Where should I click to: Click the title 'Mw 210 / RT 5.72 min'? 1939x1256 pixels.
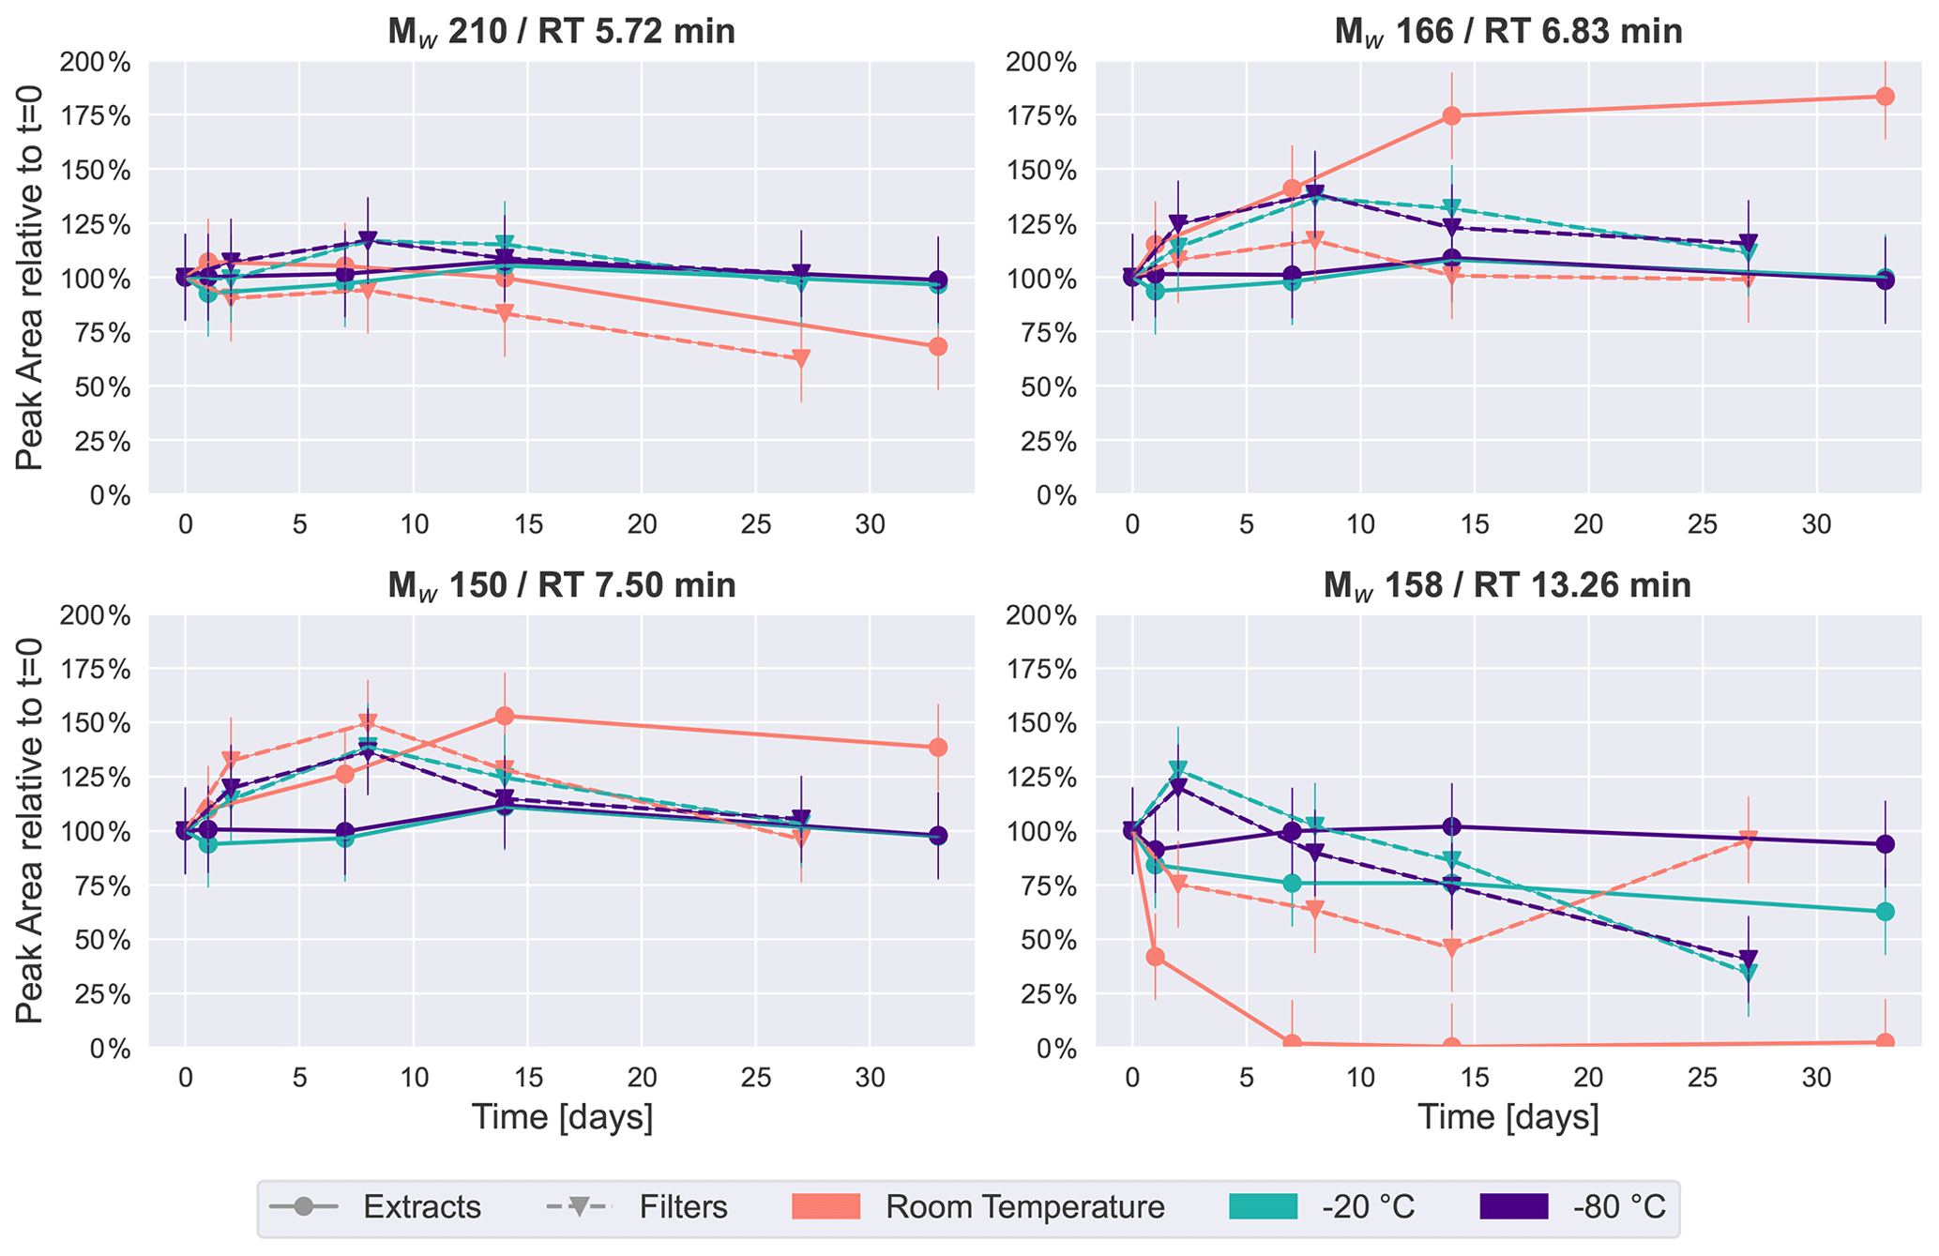coord(561,32)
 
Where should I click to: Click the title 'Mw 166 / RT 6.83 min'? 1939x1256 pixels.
coord(1507,32)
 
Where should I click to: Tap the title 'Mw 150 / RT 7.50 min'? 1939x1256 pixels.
coord(561,585)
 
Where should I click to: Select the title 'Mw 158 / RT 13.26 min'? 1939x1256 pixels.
coord(1507,585)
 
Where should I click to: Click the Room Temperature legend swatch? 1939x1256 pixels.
coord(826,1206)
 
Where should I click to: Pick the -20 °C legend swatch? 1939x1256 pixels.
coord(1263,1206)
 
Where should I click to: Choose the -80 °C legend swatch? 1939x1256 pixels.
coord(1513,1206)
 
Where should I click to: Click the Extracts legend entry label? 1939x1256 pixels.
coord(422,1207)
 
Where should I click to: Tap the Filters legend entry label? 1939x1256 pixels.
coord(683,1207)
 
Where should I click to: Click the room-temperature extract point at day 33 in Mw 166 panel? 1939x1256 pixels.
coord(1885,97)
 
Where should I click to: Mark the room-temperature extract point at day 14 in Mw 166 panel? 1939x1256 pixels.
coord(1451,116)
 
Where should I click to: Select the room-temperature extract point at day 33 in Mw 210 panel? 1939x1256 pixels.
coord(938,347)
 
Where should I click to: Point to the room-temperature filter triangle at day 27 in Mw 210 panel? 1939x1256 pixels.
coord(801,358)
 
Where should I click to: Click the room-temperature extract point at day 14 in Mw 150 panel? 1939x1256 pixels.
coord(505,716)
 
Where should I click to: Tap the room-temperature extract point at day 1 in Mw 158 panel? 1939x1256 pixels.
coord(1156,957)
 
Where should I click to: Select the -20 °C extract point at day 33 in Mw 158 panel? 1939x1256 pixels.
coord(1885,912)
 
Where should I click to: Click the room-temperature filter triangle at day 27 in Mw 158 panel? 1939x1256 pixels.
coord(1748,840)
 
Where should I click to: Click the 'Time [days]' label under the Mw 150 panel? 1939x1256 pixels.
coord(561,1117)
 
